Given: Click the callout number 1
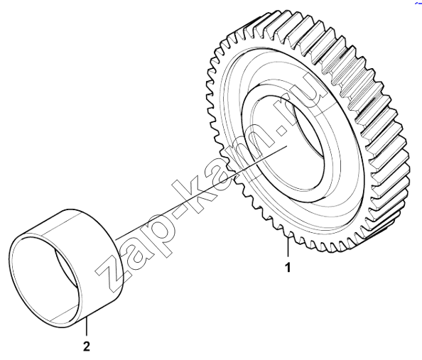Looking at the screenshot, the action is pyautogui.click(x=288, y=268).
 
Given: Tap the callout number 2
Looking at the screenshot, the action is pyautogui.click(x=87, y=347).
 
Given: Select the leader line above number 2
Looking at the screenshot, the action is pyautogui.click(x=87, y=327).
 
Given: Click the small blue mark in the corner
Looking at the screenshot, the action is pyautogui.click(x=418, y=2).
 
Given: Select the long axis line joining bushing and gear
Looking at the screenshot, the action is pyautogui.click(x=202, y=192).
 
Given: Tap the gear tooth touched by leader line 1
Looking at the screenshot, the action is pyautogui.click(x=288, y=234).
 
